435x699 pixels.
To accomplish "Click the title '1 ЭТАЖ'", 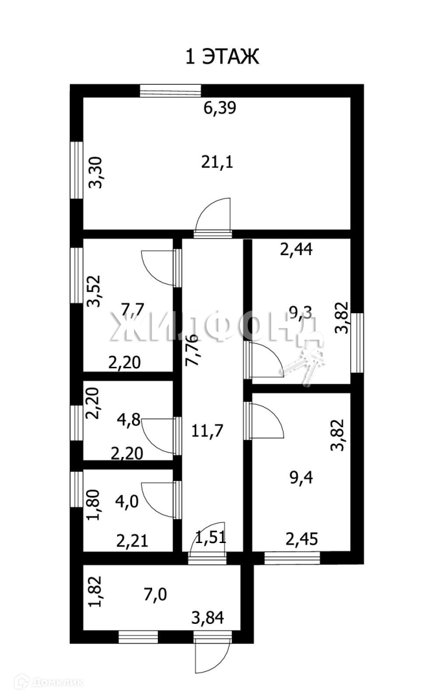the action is pos(222,57).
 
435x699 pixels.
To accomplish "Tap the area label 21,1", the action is pos(218,161).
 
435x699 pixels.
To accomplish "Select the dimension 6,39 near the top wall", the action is pos(220,108).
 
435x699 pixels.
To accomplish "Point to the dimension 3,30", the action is pos(95,173).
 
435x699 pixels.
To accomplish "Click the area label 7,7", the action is pos(133,309).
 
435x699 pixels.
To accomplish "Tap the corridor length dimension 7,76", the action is pos(192,350).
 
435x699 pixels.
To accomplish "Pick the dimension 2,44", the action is pos(297,249).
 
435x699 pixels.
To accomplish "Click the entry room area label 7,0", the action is pos(153,594).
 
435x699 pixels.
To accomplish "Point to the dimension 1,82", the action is pos(95,592).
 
